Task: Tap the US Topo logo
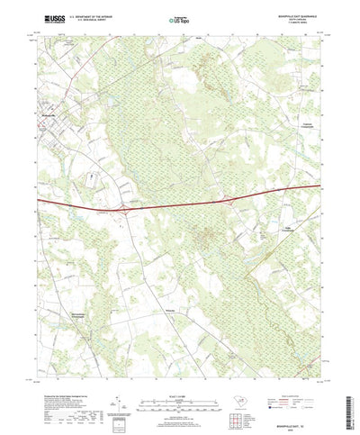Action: [x=178, y=19]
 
